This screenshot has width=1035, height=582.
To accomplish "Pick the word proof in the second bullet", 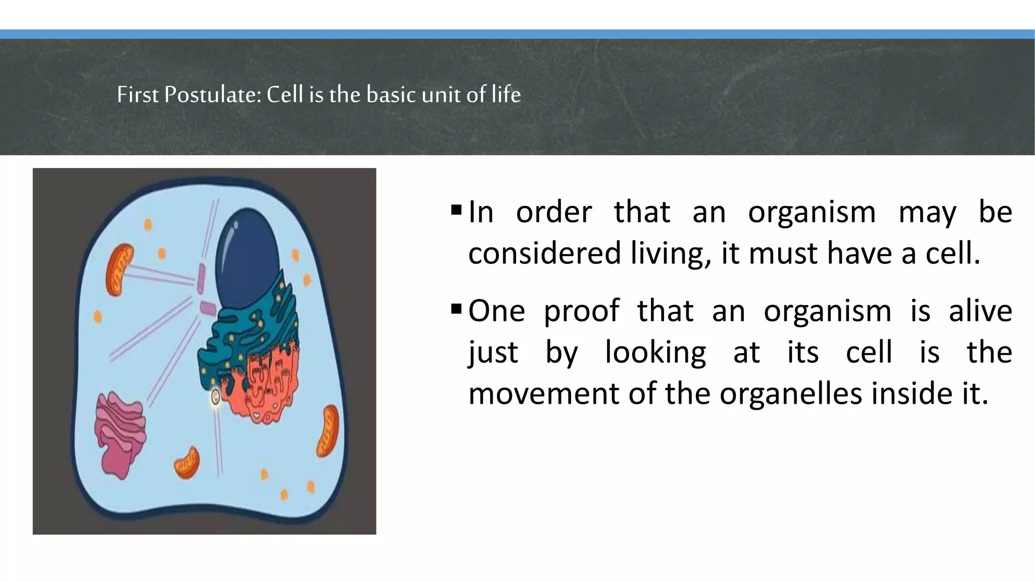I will coord(581,310).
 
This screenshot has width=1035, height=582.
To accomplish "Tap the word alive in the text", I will coord(980,310).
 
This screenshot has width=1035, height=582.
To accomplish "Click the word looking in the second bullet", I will coord(655,352).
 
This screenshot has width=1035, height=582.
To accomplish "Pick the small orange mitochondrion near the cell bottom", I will coord(187,462).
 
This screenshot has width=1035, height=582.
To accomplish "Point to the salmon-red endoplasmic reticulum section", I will coord(268,384).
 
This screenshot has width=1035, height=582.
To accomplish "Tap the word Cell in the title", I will coord(285,94).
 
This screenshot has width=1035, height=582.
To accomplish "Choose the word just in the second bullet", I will coord(493,352).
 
